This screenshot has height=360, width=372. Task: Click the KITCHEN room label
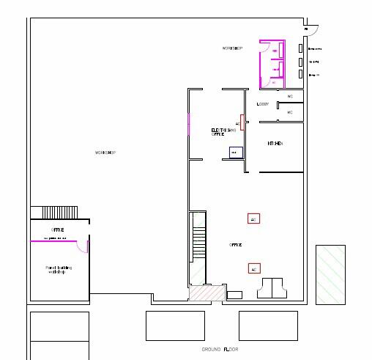tap(275, 144)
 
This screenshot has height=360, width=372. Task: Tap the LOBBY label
tap(263, 104)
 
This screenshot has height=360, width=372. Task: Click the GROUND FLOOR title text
tap(220, 350)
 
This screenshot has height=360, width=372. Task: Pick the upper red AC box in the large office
tap(253, 218)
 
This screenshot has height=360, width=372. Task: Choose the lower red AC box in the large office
tap(253, 269)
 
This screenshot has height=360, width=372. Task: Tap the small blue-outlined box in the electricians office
tap(235, 153)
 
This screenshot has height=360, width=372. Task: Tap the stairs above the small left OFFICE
tap(57, 212)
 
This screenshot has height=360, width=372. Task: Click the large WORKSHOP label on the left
tap(106, 153)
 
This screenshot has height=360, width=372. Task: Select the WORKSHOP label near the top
tap(232, 48)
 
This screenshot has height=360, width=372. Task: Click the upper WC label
tap(290, 97)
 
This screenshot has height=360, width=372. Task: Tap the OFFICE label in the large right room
tap(236, 244)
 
